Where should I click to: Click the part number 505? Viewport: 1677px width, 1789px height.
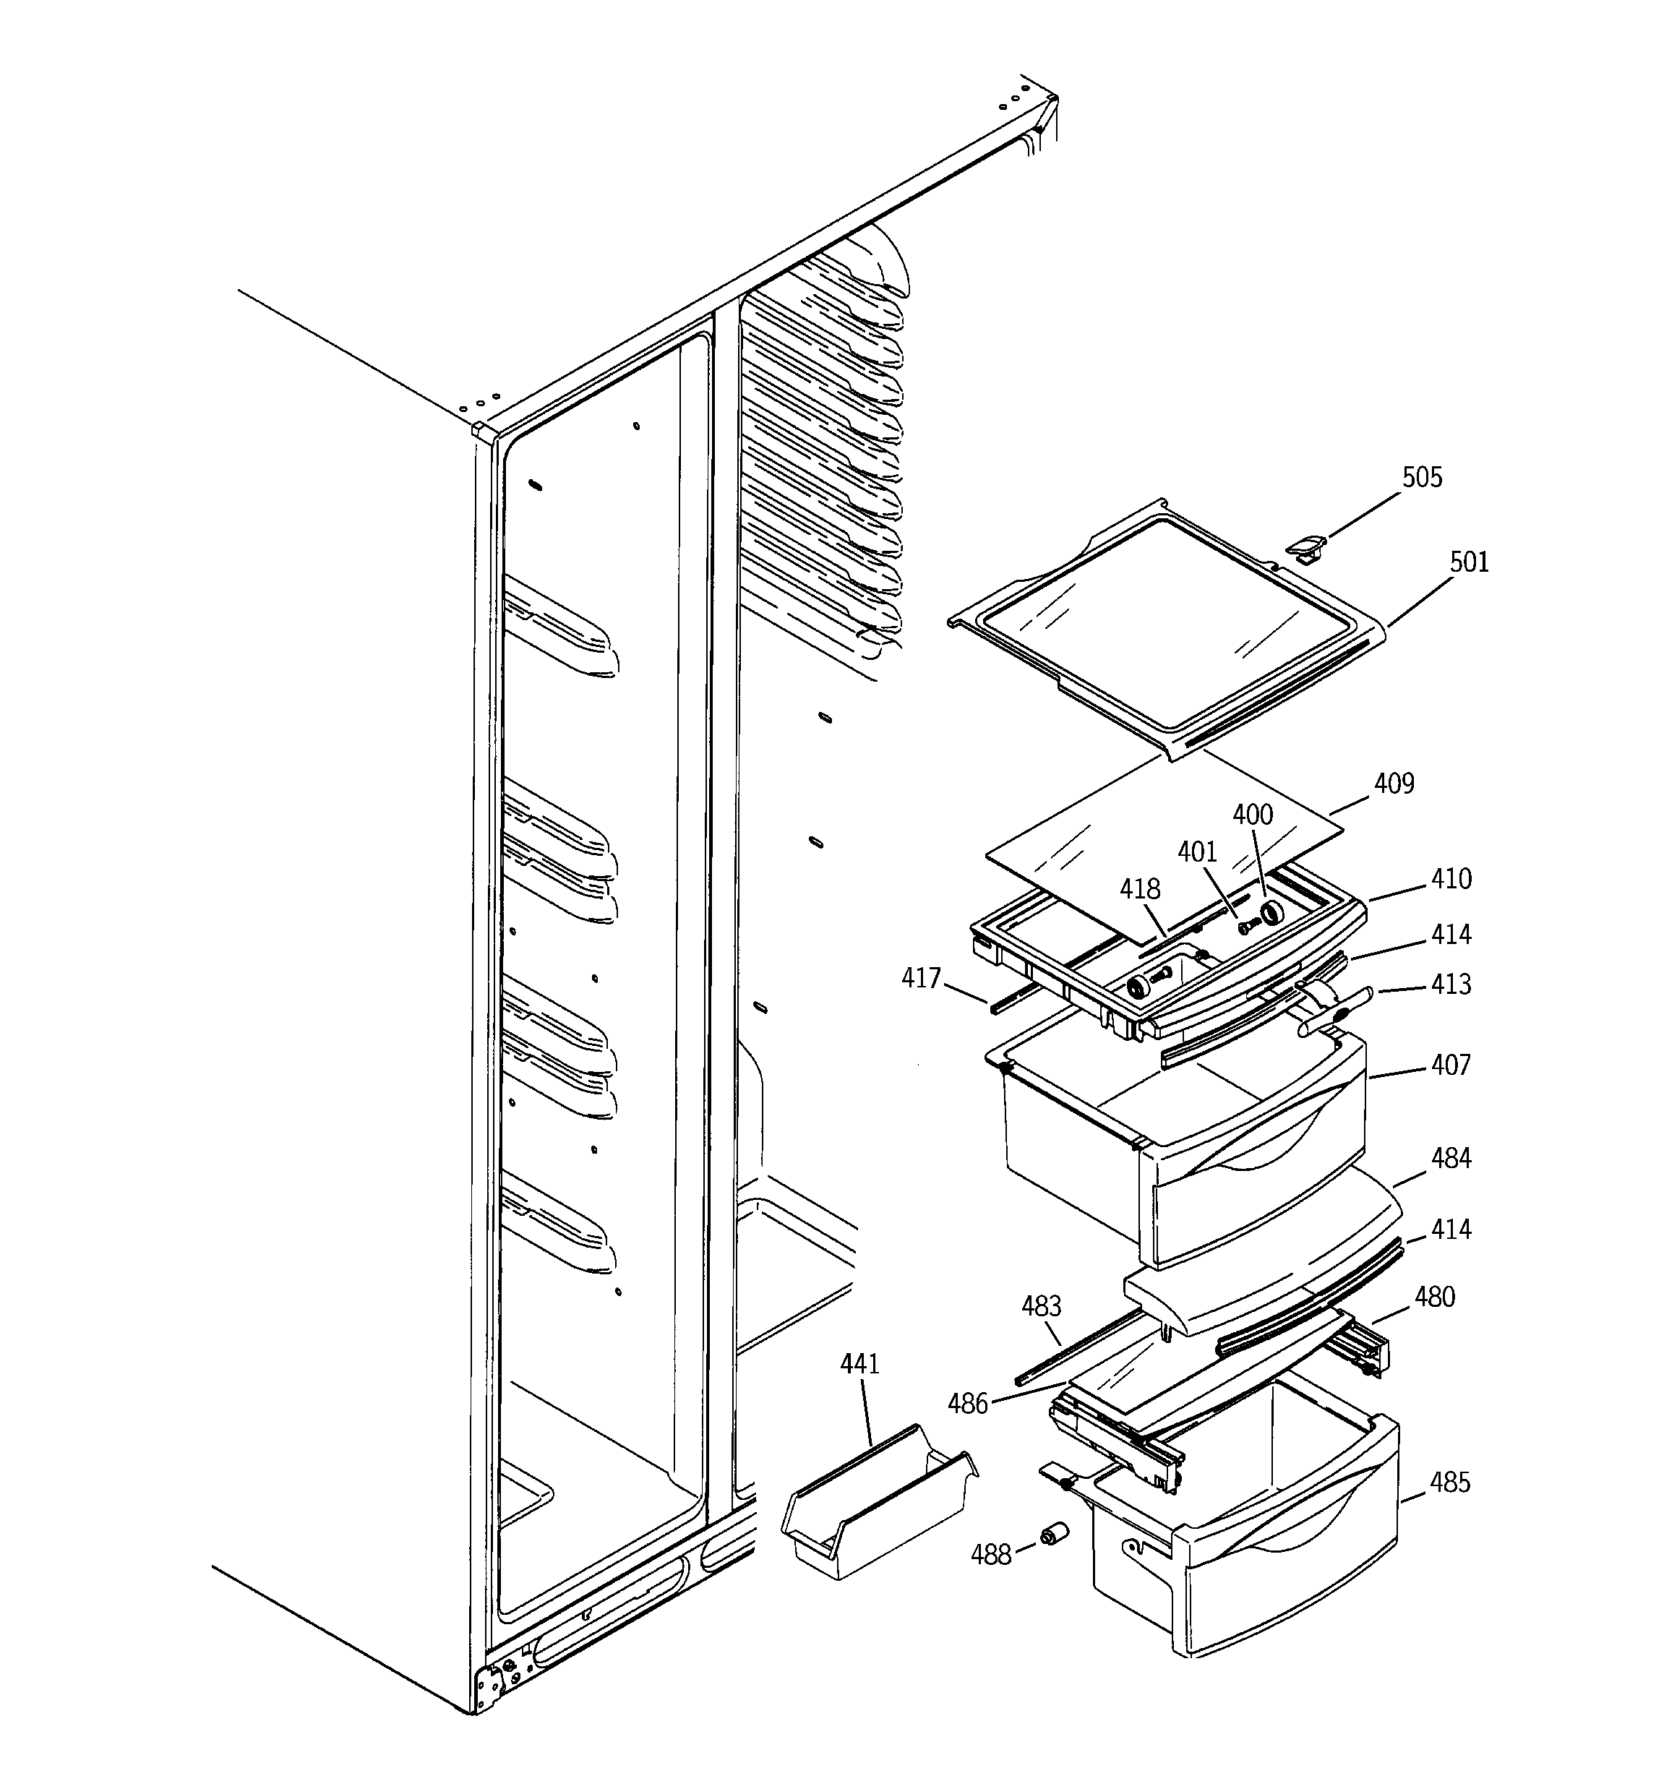[x=1421, y=478]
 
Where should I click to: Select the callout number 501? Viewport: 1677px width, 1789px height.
[x=1469, y=563]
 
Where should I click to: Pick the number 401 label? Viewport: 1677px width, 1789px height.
[x=1197, y=852]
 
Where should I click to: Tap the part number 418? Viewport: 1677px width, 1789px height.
[x=1140, y=890]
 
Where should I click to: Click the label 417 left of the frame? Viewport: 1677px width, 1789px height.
[x=921, y=978]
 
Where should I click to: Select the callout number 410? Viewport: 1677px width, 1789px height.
[x=1451, y=879]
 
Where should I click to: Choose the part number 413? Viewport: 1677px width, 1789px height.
[x=1451, y=984]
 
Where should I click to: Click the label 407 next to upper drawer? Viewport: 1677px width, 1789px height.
[x=1451, y=1065]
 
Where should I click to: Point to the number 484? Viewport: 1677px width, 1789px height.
[x=1451, y=1158]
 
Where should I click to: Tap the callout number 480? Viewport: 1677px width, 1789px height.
[x=1434, y=1297]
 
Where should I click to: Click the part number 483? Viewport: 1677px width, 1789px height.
[x=1042, y=1305]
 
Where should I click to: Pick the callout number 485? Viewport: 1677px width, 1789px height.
[x=1449, y=1482]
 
